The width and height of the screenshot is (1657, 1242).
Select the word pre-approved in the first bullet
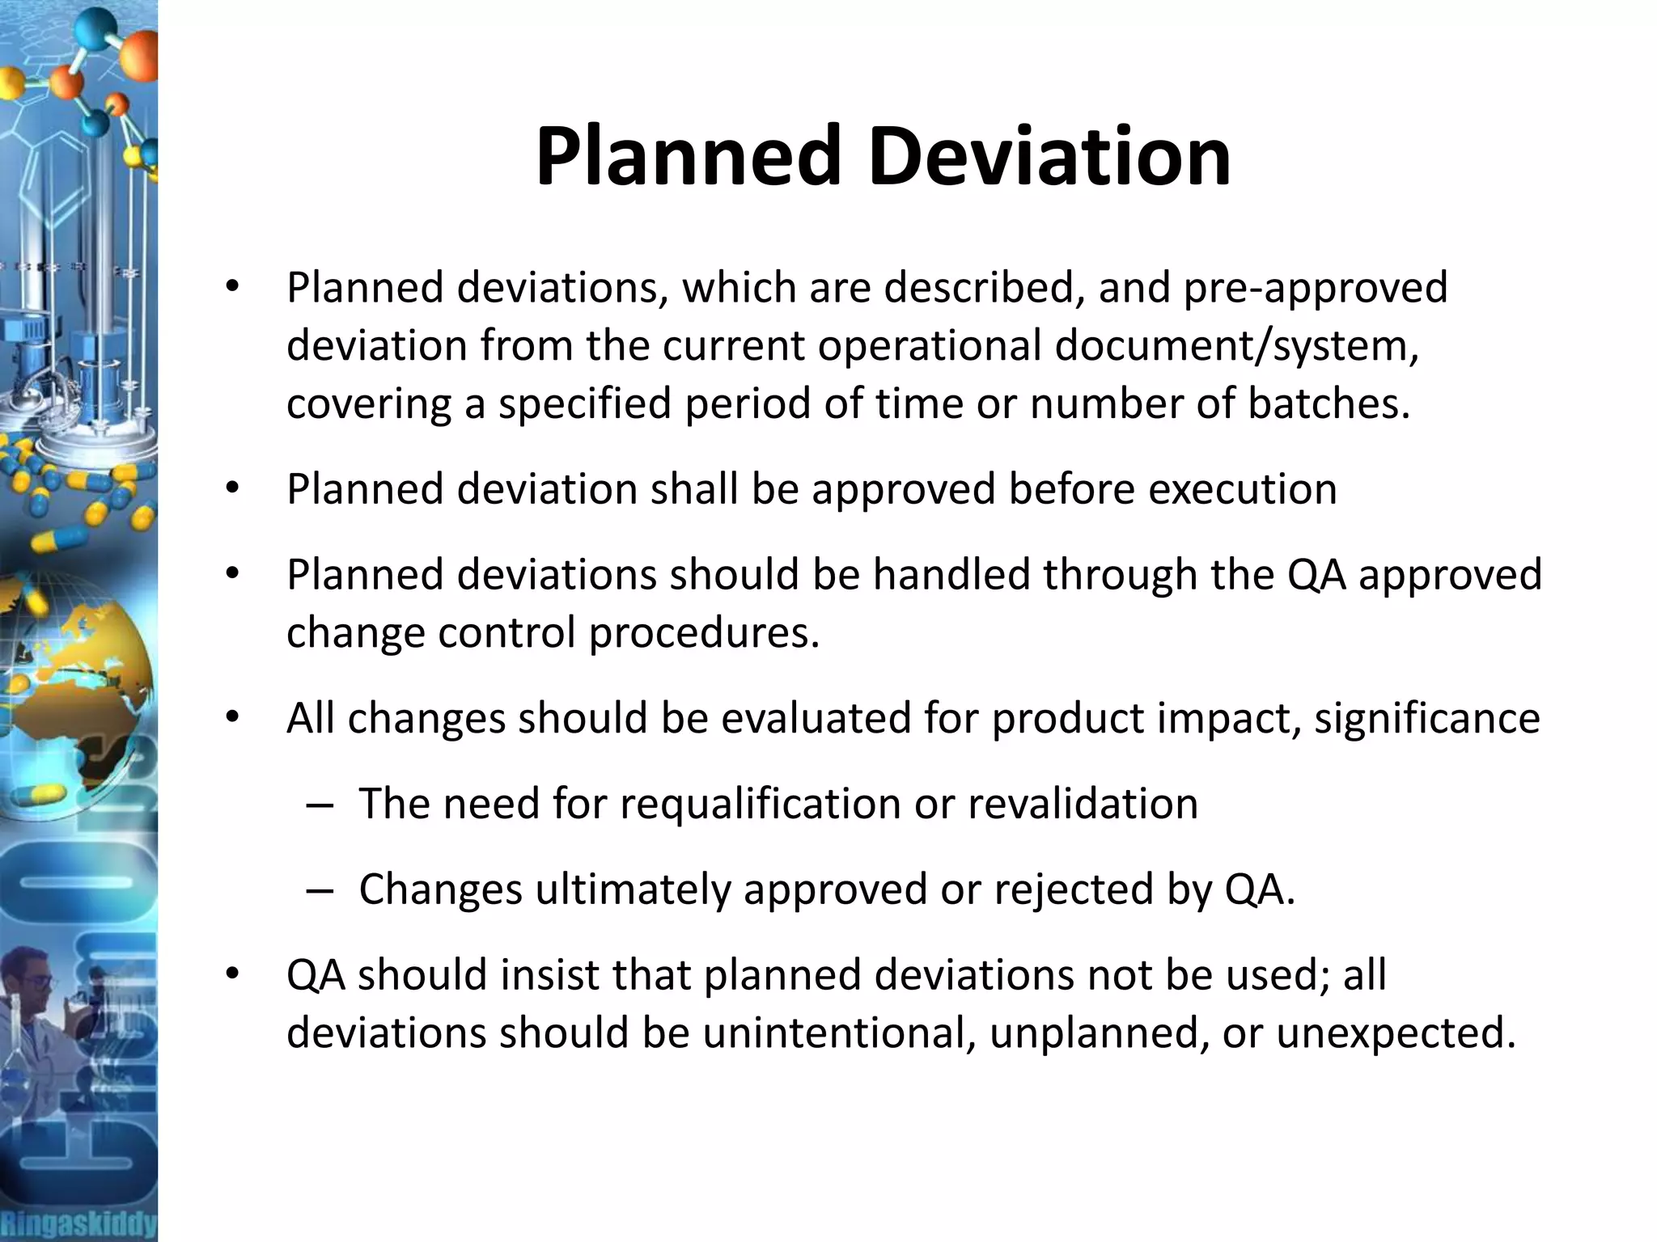point(1316,289)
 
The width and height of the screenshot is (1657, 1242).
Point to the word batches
point(1329,403)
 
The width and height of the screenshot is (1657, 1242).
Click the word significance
point(1427,718)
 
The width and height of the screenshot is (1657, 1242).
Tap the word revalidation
point(1083,804)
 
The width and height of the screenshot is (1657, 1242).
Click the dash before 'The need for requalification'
point(320,805)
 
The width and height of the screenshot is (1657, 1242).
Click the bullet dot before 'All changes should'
point(233,718)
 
